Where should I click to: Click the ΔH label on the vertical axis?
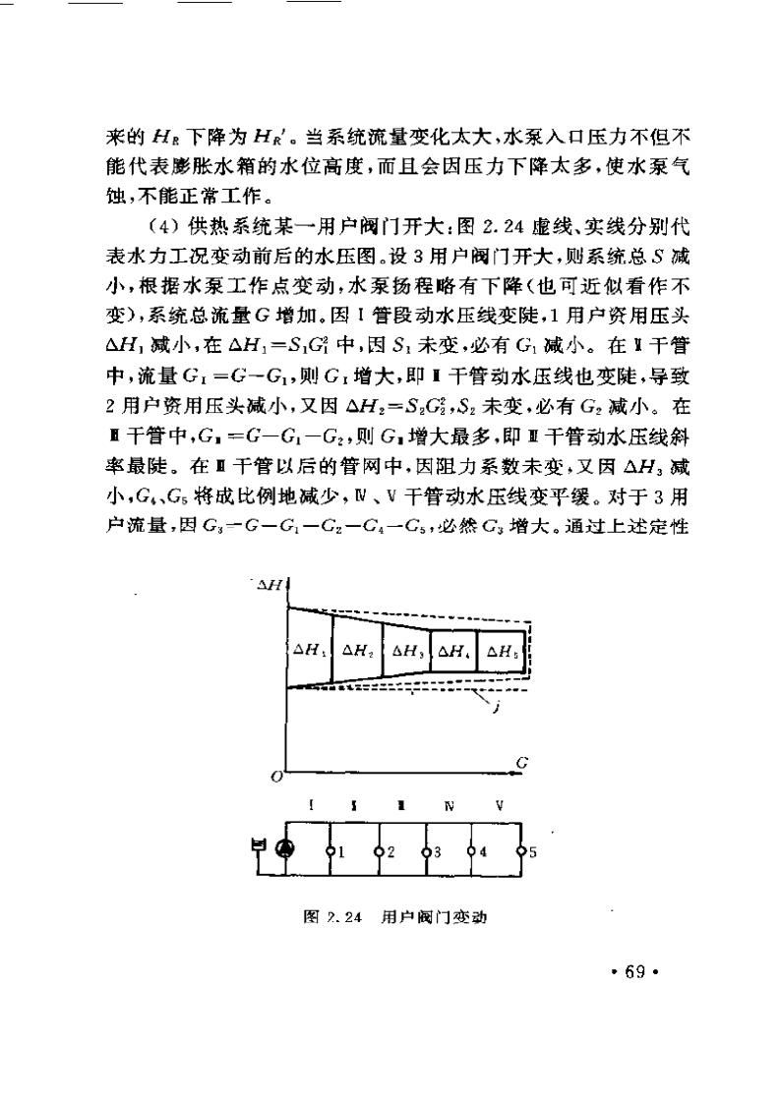(269, 586)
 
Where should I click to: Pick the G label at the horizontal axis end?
(521, 762)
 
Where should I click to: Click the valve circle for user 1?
(331, 851)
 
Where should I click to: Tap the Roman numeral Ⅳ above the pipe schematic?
(450, 806)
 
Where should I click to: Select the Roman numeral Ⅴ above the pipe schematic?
(500, 806)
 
